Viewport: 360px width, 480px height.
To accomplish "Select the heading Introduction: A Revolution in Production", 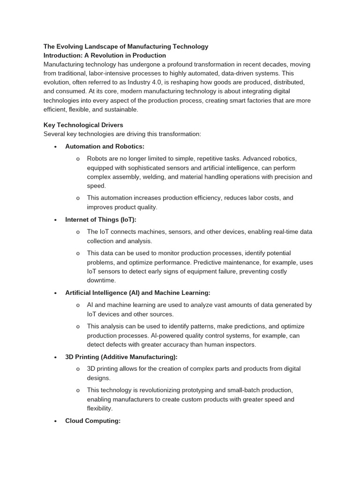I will coord(105,55).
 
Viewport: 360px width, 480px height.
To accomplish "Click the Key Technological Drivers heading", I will coord(83,125).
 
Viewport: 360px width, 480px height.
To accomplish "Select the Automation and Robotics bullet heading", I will coord(105,146).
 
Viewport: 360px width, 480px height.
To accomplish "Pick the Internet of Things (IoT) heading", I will coord(100,219).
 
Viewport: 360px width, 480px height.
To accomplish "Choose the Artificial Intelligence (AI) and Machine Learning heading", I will coord(137,292).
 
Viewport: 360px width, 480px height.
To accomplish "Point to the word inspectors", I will coord(240,345).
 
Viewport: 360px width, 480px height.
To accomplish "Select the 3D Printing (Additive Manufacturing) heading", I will coord(121,357).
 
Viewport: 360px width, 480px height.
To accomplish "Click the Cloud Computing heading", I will coord(93,421).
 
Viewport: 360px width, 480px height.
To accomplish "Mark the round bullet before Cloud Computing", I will coord(55,421).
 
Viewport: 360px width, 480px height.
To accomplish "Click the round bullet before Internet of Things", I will coord(55,220).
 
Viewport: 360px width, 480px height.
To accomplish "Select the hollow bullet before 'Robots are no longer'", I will coord(78,158).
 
